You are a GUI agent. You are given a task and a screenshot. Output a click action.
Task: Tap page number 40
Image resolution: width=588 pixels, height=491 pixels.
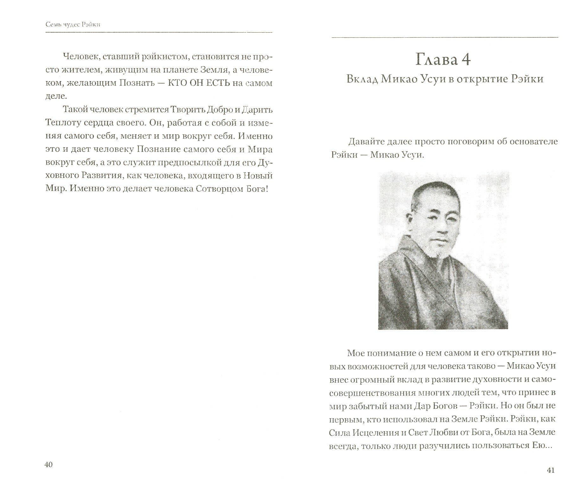(x=48, y=464)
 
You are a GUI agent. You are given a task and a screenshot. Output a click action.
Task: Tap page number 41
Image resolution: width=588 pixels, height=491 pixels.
(x=551, y=470)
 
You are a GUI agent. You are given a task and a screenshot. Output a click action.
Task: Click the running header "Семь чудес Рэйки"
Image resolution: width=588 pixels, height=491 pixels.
(x=73, y=24)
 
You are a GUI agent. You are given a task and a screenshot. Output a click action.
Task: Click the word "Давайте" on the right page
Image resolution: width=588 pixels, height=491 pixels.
(x=367, y=142)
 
